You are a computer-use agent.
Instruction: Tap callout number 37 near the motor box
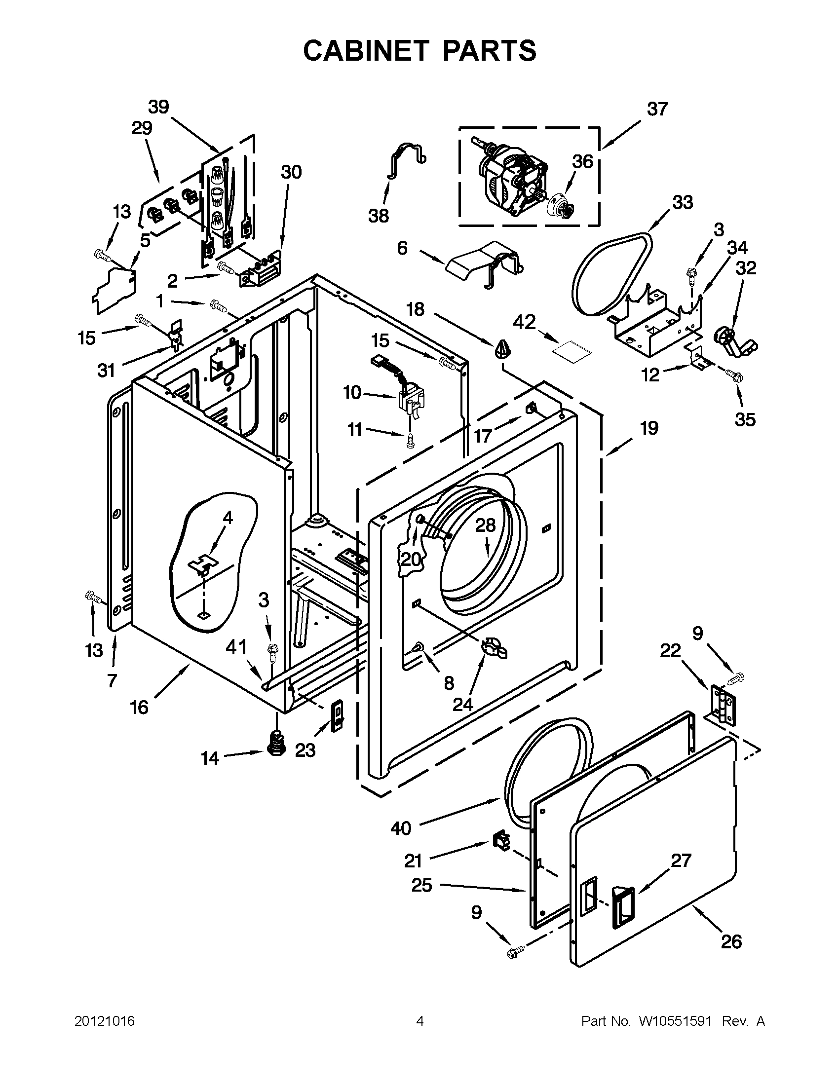[x=657, y=109]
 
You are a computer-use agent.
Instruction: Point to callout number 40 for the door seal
[x=401, y=828]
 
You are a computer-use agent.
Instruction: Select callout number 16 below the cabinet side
[x=139, y=707]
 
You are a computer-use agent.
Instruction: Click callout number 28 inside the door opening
[x=486, y=525]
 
